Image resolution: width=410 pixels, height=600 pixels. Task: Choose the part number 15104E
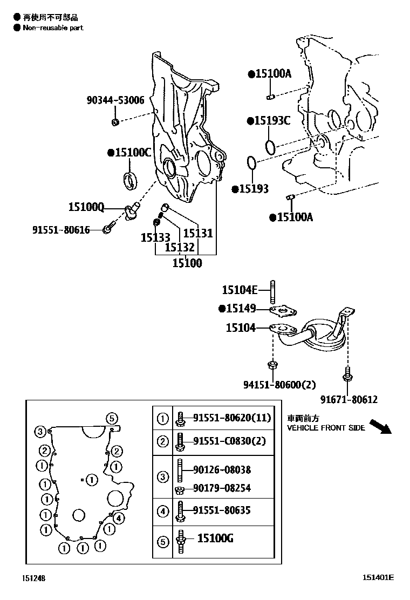pyautogui.click(x=240, y=290)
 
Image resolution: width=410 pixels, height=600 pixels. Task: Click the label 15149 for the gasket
pyautogui.click(x=241, y=309)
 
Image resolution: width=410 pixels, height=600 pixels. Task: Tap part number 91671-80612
pyautogui.click(x=348, y=399)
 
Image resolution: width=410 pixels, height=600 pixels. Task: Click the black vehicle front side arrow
pyautogui.click(x=382, y=426)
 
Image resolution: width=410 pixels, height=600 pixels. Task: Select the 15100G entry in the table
pyautogui.click(x=215, y=538)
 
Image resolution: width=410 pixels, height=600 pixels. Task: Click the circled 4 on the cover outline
pyautogui.click(x=119, y=519)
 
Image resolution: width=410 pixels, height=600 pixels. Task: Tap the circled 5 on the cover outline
pyautogui.click(x=111, y=418)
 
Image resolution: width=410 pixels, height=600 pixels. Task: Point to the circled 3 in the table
pyautogui.click(x=162, y=476)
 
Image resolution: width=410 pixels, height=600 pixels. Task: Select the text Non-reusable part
pyautogui.click(x=53, y=28)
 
